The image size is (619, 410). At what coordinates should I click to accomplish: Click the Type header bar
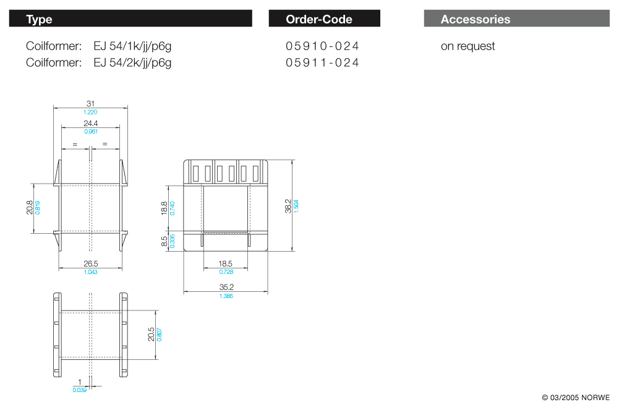[x=130, y=19]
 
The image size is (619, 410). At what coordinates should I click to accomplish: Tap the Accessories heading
[x=476, y=19]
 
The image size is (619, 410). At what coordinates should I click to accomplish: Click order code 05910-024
[x=322, y=46]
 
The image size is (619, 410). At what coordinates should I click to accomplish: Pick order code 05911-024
[x=322, y=62]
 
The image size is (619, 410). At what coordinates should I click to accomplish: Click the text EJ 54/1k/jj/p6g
[x=132, y=46]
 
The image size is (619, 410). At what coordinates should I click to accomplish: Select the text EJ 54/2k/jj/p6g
[x=132, y=63]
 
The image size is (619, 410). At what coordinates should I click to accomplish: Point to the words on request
[x=467, y=46]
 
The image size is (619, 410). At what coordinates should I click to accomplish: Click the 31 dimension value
[x=90, y=103]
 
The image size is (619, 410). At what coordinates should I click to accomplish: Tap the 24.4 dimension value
[x=90, y=124]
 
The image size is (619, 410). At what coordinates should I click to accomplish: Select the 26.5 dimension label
[x=90, y=263]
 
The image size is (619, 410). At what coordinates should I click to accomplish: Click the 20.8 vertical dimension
[x=30, y=208]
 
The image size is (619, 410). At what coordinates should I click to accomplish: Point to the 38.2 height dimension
[x=288, y=206]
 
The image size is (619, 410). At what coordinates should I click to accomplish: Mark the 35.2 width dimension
[x=226, y=288]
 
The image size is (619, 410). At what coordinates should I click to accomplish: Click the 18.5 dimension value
[x=226, y=263]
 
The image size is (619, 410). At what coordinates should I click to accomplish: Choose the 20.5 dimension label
[x=152, y=334]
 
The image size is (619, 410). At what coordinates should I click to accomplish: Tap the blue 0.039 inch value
[x=79, y=390]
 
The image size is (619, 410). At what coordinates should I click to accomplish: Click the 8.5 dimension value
[x=164, y=241]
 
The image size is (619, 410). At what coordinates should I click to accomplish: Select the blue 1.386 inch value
[x=226, y=296]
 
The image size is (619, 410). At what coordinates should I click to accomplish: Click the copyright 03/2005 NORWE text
[x=576, y=398]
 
